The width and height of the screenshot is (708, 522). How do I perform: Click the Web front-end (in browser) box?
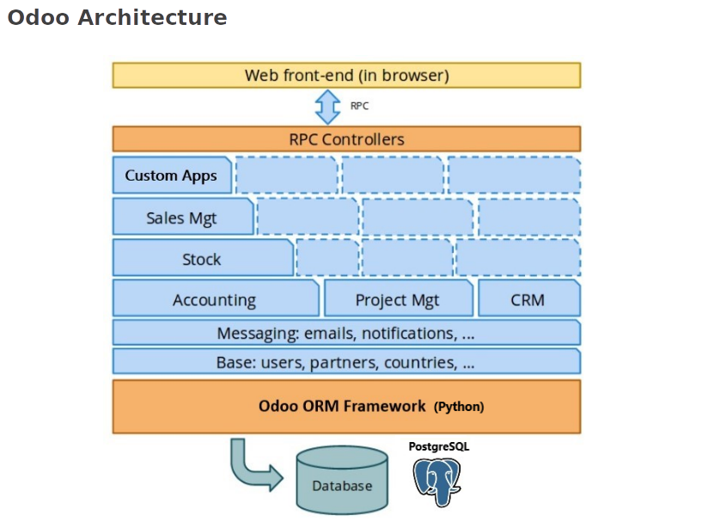click(346, 75)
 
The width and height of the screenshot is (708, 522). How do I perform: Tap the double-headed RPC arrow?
click(327, 107)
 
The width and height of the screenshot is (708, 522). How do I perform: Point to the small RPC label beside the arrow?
click(359, 107)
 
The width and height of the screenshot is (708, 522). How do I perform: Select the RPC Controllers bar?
click(346, 139)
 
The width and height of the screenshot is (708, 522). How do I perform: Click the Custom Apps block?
click(171, 175)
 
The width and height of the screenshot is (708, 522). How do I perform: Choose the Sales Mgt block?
click(181, 218)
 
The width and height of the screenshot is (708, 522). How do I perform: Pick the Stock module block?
click(202, 259)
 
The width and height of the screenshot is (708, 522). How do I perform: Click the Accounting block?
click(215, 299)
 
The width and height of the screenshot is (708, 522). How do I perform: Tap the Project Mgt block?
click(398, 299)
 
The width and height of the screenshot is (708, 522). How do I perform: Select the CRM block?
click(528, 299)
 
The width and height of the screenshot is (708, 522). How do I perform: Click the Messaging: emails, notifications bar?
click(346, 333)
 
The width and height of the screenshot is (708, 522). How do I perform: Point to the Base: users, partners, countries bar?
click(346, 362)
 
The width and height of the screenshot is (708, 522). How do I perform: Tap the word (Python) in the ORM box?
click(459, 407)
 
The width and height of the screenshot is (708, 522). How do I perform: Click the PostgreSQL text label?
click(439, 447)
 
